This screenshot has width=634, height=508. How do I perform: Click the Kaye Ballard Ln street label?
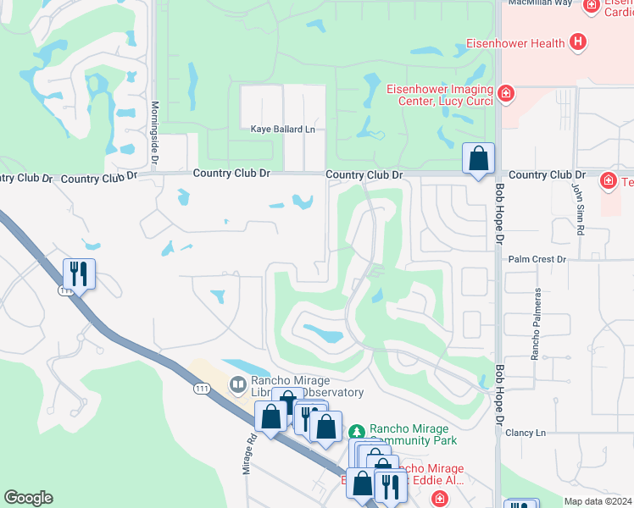(282, 130)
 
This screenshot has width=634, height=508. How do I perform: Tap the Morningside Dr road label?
(154, 124)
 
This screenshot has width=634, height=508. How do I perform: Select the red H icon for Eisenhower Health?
(578, 41)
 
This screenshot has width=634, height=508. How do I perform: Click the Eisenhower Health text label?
(514, 41)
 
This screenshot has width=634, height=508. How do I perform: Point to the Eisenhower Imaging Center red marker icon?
(506, 93)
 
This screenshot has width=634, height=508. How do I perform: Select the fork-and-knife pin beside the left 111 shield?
(79, 273)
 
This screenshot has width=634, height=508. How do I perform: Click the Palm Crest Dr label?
(537, 259)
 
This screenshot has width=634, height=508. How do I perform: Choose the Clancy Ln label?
(526, 433)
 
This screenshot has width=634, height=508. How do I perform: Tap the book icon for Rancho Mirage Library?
(239, 385)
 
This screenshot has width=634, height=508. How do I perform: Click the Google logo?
(29, 497)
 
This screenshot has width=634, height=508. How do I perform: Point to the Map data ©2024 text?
(597, 501)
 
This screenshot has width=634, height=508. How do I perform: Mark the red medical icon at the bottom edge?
(440, 500)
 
